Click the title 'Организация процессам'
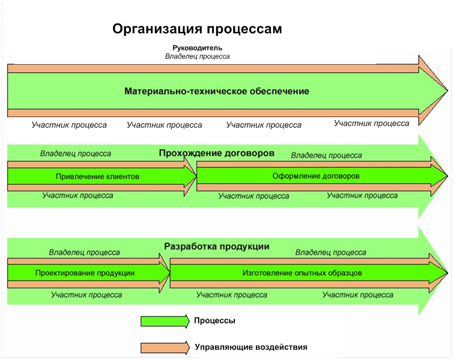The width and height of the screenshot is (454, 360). point(197,29)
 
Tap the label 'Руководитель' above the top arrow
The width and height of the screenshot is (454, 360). point(198,47)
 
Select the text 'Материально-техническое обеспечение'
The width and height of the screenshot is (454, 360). point(217,92)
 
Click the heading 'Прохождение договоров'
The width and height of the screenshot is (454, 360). point(217,153)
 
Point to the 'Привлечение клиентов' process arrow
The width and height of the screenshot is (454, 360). point(97,176)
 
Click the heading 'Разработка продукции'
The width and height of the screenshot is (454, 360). point(216,246)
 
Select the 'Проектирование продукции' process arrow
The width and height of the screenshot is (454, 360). point(85,273)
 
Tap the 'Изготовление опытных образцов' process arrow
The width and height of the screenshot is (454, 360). point(302,273)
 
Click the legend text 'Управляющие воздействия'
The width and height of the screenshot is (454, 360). point(251,347)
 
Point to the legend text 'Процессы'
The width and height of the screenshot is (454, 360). point(214,321)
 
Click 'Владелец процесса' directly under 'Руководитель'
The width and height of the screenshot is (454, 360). point(198,56)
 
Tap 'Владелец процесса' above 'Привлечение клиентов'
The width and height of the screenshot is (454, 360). point(76,154)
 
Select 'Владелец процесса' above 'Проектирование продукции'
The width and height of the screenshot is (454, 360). point(84,253)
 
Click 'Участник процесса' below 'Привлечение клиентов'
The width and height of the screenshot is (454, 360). point(78,196)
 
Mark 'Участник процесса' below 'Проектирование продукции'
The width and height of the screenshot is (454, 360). point(86,295)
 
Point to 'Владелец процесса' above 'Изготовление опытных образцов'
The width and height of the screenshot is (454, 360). point(331,253)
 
